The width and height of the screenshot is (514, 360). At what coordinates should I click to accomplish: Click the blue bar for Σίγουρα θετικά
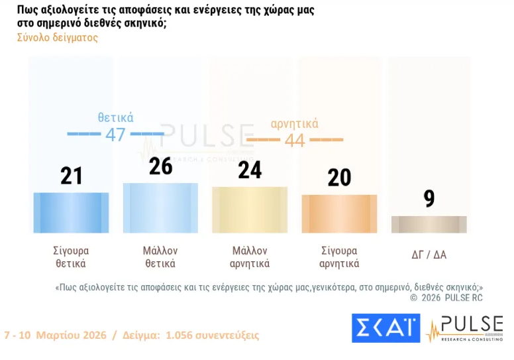tap(71, 212)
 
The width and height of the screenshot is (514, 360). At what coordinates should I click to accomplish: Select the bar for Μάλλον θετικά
tap(160, 208)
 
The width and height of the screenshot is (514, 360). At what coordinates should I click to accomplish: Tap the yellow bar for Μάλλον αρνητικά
tap(250, 210)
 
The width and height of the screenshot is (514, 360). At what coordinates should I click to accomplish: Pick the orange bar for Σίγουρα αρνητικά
tap(339, 213)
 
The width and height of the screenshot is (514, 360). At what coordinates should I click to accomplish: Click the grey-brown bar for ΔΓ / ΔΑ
tap(429, 224)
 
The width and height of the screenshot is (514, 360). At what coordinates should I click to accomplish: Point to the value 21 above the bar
tap(71, 176)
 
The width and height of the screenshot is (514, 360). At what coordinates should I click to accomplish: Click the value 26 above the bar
tap(160, 166)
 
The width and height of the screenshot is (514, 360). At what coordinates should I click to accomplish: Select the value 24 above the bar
tap(250, 170)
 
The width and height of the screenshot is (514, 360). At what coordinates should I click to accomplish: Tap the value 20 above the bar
tap(339, 178)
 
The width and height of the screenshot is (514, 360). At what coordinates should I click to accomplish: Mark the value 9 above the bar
tap(429, 198)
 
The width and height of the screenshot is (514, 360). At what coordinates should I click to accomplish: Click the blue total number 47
tap(115, 135)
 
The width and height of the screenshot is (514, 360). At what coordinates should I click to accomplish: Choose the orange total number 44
tap(295, 140)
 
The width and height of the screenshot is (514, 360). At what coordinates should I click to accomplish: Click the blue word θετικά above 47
tap(116, 117)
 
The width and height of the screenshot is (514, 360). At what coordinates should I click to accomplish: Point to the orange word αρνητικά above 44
tap(295, 123)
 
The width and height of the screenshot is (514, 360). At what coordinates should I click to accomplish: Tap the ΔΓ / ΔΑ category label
tap(429, 254)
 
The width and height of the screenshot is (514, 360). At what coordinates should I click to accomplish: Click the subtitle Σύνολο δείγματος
tap(58, 38)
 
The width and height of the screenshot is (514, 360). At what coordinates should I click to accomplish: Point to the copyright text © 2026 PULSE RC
tap(446, 298)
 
